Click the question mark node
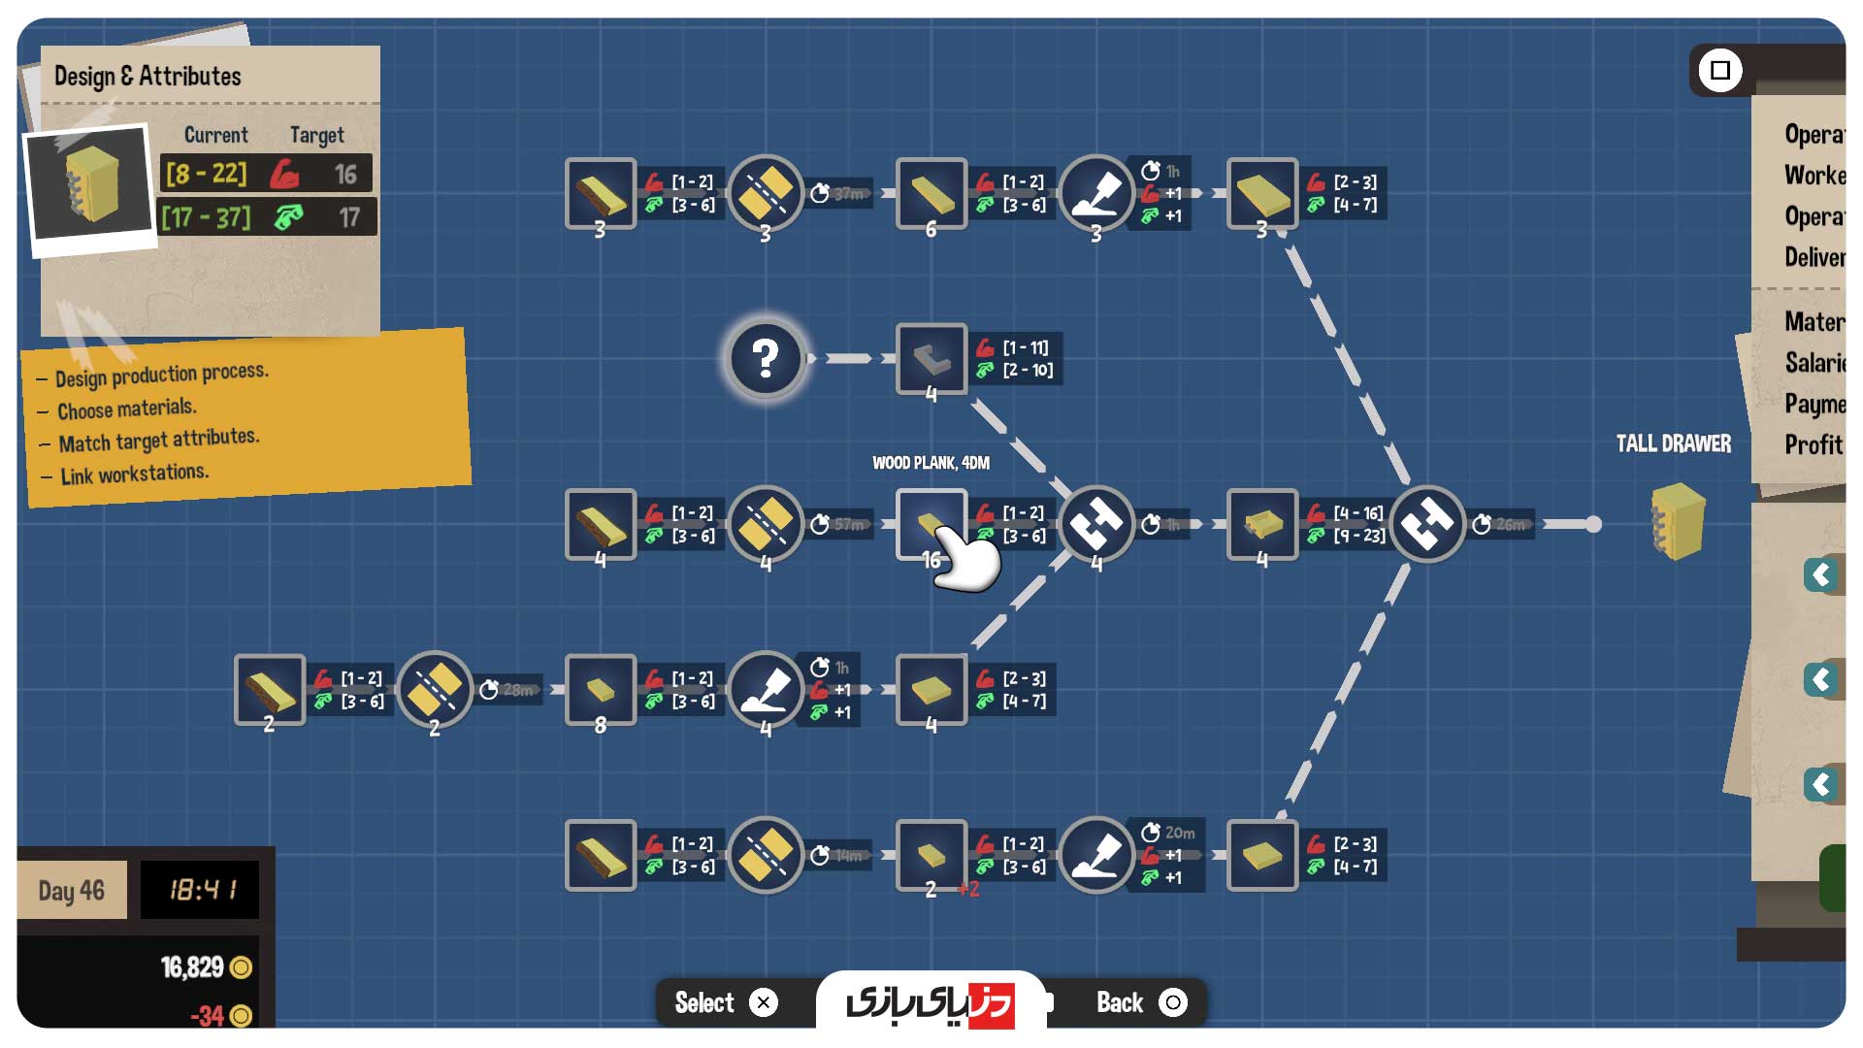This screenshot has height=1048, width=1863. click(x=766, y=359)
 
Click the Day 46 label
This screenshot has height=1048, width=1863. click(x=72, y=890)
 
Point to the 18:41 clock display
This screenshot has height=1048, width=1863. click(x=201, y=890)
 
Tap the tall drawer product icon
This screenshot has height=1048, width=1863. click(x=1677, y=522)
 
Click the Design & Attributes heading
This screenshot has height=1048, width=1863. click(x=147, y=77)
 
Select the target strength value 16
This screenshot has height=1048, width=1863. click(x=345, y=175)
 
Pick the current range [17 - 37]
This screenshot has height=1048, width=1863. click(x=206, y=217)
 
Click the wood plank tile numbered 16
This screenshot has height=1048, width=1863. click(x=931, y=525)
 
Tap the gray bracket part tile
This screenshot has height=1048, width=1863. click(x=931, y=359)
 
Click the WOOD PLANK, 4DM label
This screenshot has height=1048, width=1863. click(x=931, y=463)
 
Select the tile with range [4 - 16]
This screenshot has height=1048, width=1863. click(x=1261, y=525)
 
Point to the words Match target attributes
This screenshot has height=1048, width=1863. click(x=158, y=441)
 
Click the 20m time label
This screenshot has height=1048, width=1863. click(x=1179, y=833)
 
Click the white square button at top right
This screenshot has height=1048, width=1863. click(x=1720, y=70)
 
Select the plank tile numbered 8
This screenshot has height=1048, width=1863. click(x=600, y=690)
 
